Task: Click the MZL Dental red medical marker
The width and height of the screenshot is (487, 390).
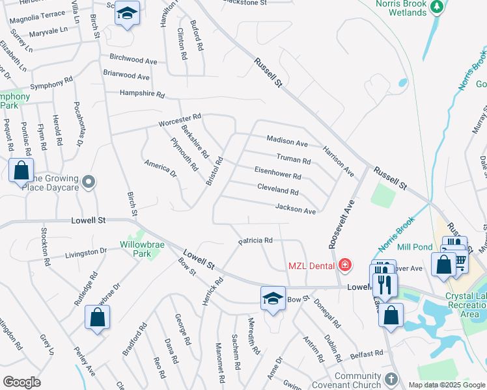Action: click(x=344, y=265)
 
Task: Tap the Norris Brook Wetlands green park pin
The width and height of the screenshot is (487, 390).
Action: click(x=438, y=6)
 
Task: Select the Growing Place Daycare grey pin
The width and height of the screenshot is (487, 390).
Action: click(x=89, y=183)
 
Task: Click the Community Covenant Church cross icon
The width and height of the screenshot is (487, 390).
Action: click(x=391, y=378)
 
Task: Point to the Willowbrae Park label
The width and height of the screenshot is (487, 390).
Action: click(x=139, y=246)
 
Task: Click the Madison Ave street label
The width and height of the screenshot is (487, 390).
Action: click(x=287, y=141)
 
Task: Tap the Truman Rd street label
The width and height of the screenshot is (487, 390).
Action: click(x=294, y=159)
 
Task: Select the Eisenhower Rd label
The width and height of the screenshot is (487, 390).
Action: click(x=278, y=175)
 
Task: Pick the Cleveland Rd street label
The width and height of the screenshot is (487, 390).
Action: click(x=277, y=192)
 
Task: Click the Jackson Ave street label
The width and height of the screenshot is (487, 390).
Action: click(x=295, y=209)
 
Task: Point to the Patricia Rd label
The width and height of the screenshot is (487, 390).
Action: click(x=255, y=240)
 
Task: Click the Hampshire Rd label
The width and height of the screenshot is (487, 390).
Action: click(x=141, y=94)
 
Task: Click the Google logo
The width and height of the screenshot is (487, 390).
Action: click(x=21, y=382)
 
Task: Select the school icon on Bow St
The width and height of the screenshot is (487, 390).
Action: click(x=273, y=298)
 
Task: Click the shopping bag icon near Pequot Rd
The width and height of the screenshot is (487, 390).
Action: click(x=21, y=171)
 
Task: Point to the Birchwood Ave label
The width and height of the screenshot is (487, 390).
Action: click(x=133, y=60)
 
